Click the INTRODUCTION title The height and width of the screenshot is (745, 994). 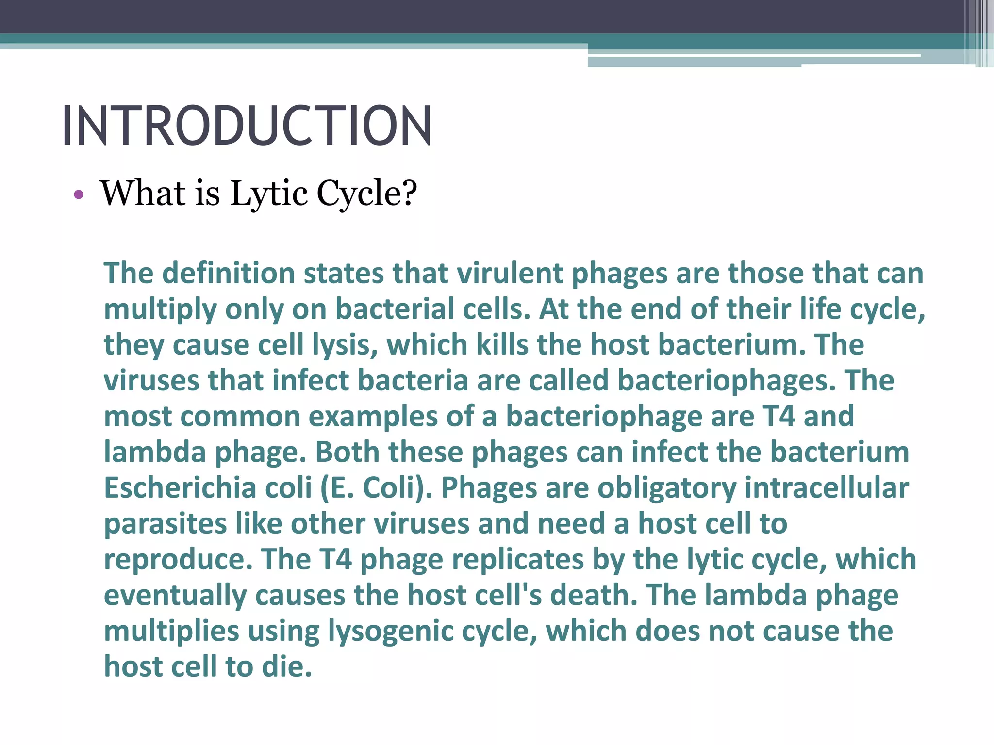(247, 126)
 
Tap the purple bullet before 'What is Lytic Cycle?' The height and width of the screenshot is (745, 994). (79, 195)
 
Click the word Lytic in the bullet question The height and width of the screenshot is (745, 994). (268, 194)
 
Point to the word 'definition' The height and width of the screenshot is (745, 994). (228, 273)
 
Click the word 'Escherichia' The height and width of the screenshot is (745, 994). (180, 488)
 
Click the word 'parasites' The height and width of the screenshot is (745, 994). (166, 524)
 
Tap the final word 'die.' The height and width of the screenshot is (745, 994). (287, 667)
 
